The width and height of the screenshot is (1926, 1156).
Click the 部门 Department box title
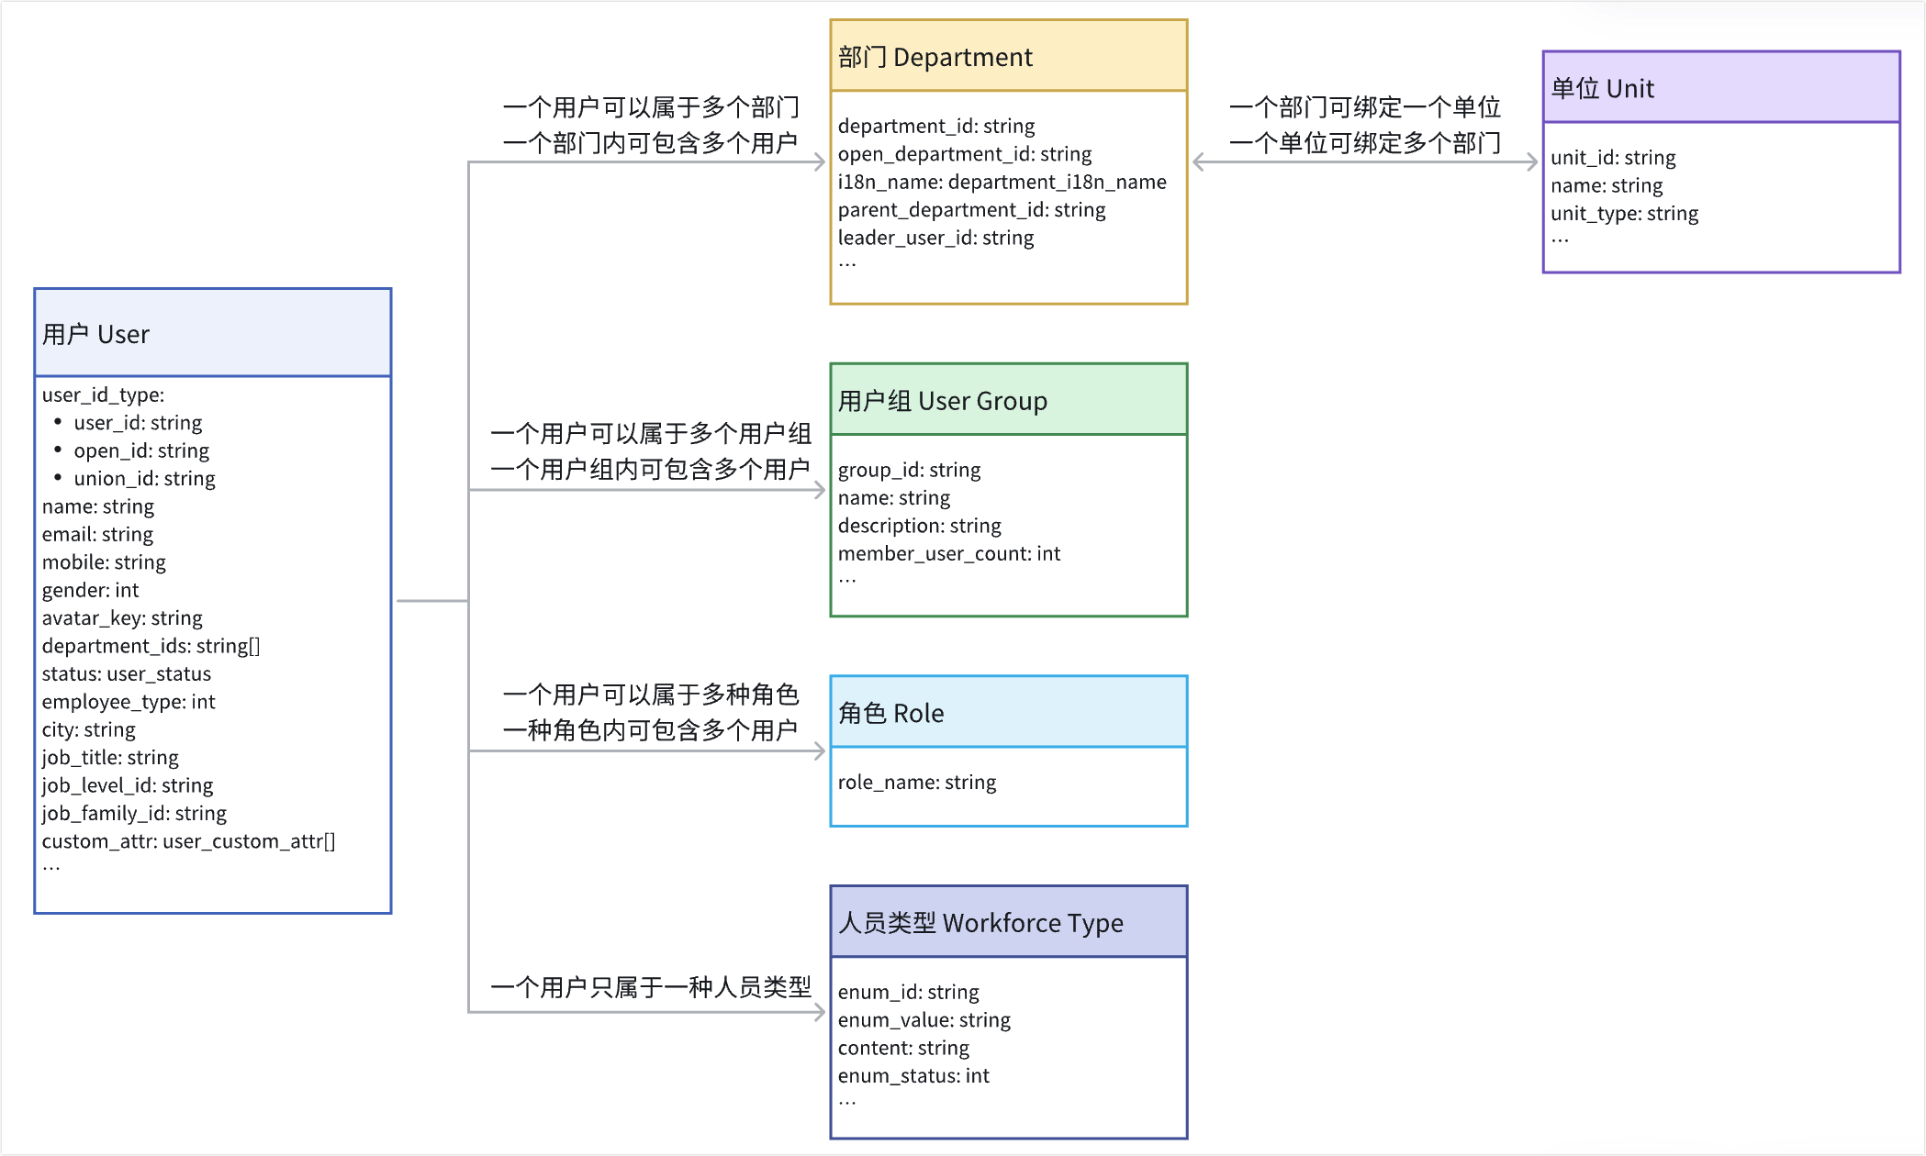pos(935,57)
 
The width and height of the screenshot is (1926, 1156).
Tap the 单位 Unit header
pos(1602,88)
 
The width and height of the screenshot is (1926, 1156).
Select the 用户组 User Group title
pos(942,401)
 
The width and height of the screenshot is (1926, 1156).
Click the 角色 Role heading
pos(890,713)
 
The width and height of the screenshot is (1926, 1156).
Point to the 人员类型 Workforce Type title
pos(980,922)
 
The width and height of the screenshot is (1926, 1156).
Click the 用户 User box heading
pos(95,334)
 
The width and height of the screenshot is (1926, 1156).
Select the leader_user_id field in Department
pos(935,238)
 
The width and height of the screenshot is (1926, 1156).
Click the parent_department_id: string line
pos(971,210)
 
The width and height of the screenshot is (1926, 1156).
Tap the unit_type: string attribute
pos(1624,214)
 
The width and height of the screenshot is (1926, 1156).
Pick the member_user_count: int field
pos(948,553)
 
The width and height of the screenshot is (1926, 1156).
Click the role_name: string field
pos(916,782)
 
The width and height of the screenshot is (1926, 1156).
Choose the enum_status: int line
pos(913,1075)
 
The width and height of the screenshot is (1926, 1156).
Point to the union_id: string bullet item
pos(144,478)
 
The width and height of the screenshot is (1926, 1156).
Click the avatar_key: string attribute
pos(122,617)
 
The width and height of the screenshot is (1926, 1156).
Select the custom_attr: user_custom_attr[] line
pos(188,841)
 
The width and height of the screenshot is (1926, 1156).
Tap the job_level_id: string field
pos(127,785)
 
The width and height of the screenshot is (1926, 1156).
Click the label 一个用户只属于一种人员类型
pos(651,987)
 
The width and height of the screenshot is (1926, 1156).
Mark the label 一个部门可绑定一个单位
pos(1365,107)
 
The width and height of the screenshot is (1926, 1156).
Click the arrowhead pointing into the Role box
pos(820,751)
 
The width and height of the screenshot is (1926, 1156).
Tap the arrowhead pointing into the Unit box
pos(1532,162)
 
